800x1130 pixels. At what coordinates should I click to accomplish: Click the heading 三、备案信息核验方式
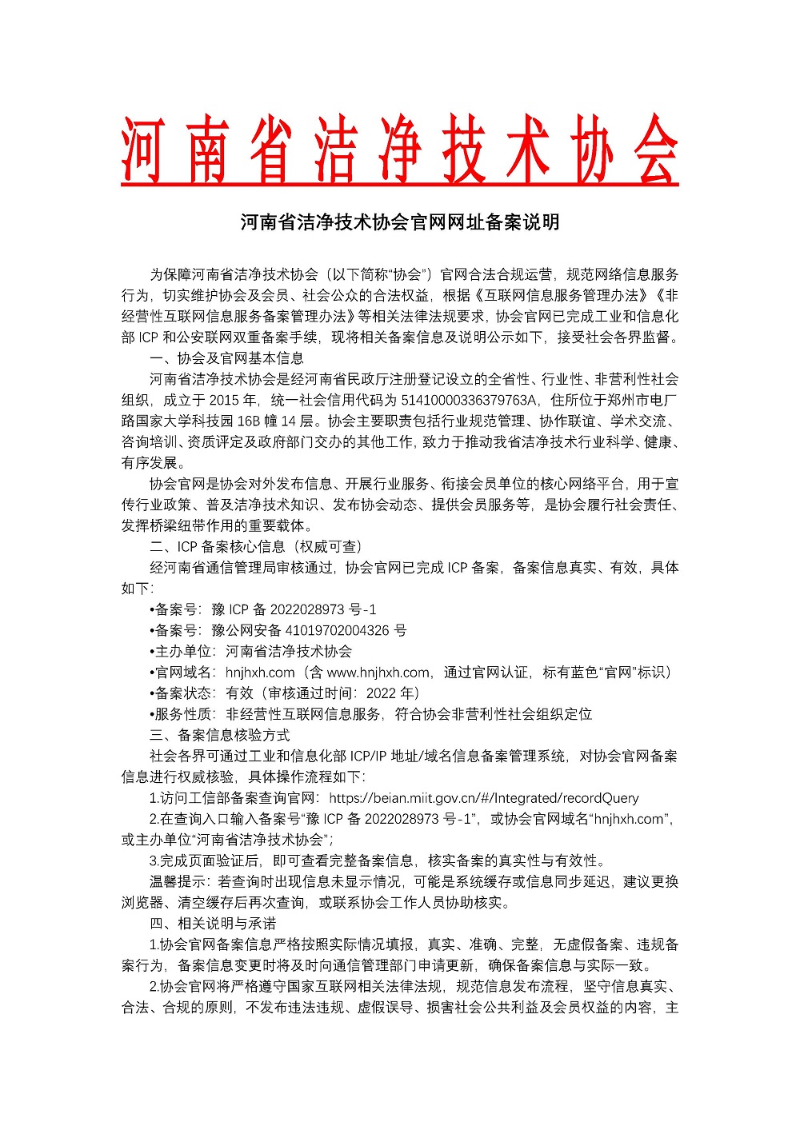tap(219, 734)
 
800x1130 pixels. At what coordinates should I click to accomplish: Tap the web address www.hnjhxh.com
tap(378, 672)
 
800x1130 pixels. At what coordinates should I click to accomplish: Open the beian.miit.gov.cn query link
tap(483, 797)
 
